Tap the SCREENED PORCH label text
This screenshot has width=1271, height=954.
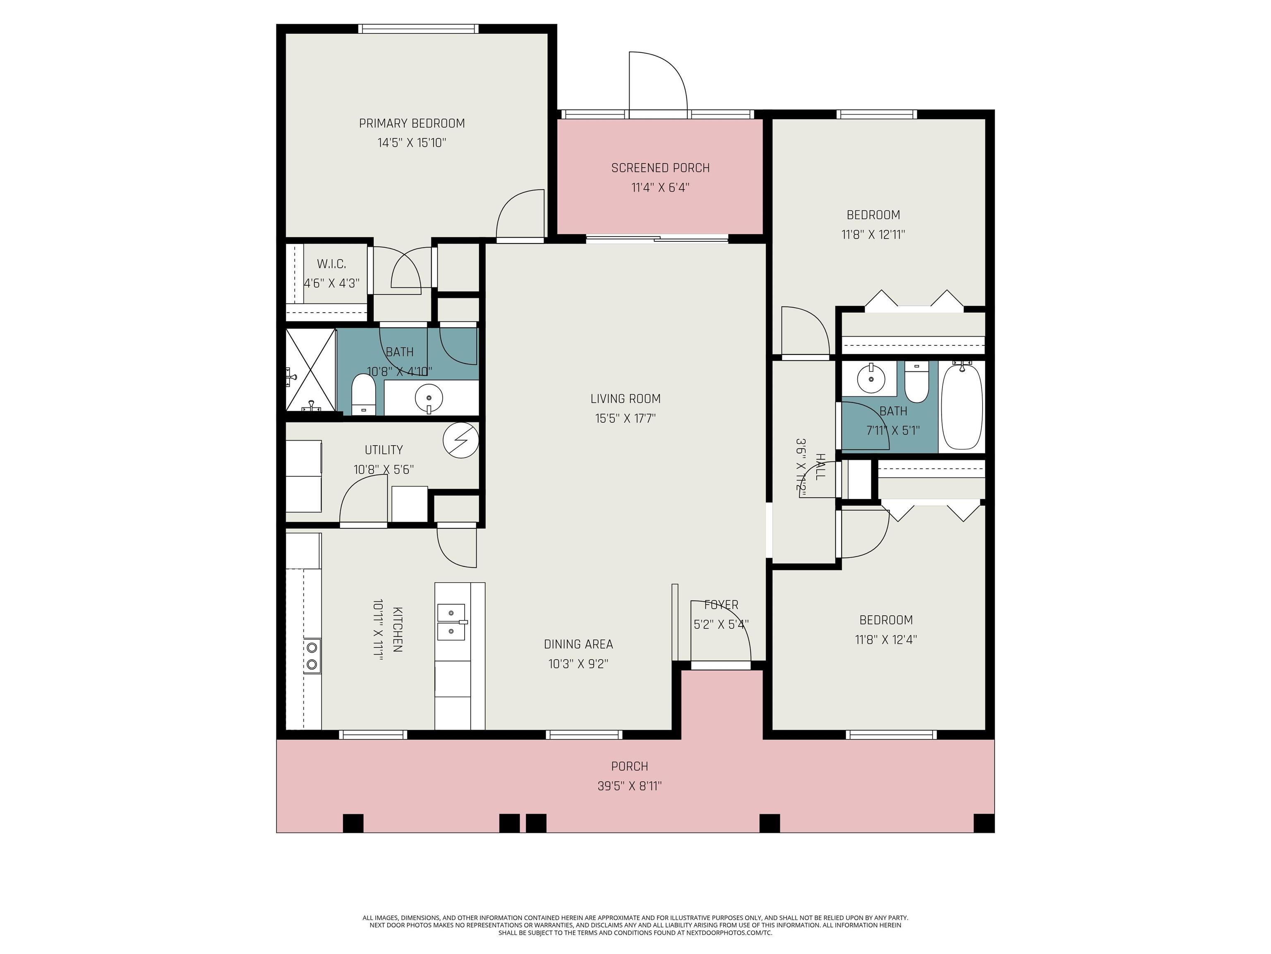point(660,168)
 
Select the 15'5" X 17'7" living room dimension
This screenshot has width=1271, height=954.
point(625,418)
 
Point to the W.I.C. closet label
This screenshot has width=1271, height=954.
point(331,264)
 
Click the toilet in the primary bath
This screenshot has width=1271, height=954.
point(363,394)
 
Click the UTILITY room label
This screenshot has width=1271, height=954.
point(384,450)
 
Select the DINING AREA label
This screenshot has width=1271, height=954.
point(578,644)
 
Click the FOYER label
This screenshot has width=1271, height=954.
point(721,605)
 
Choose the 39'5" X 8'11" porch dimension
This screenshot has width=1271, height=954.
point(630,786)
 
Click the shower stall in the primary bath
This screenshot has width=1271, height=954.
point(311,370)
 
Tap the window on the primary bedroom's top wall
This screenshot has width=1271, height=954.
point(418,29)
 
